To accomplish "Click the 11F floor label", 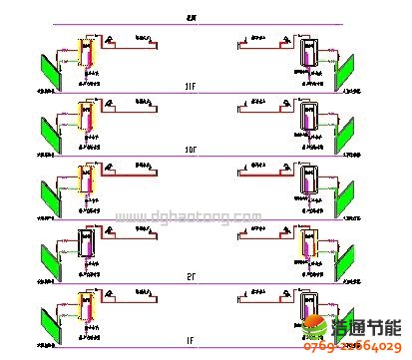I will click(190, 90).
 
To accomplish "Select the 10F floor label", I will click(190, 149).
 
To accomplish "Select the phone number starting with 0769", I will click(355, 348).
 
